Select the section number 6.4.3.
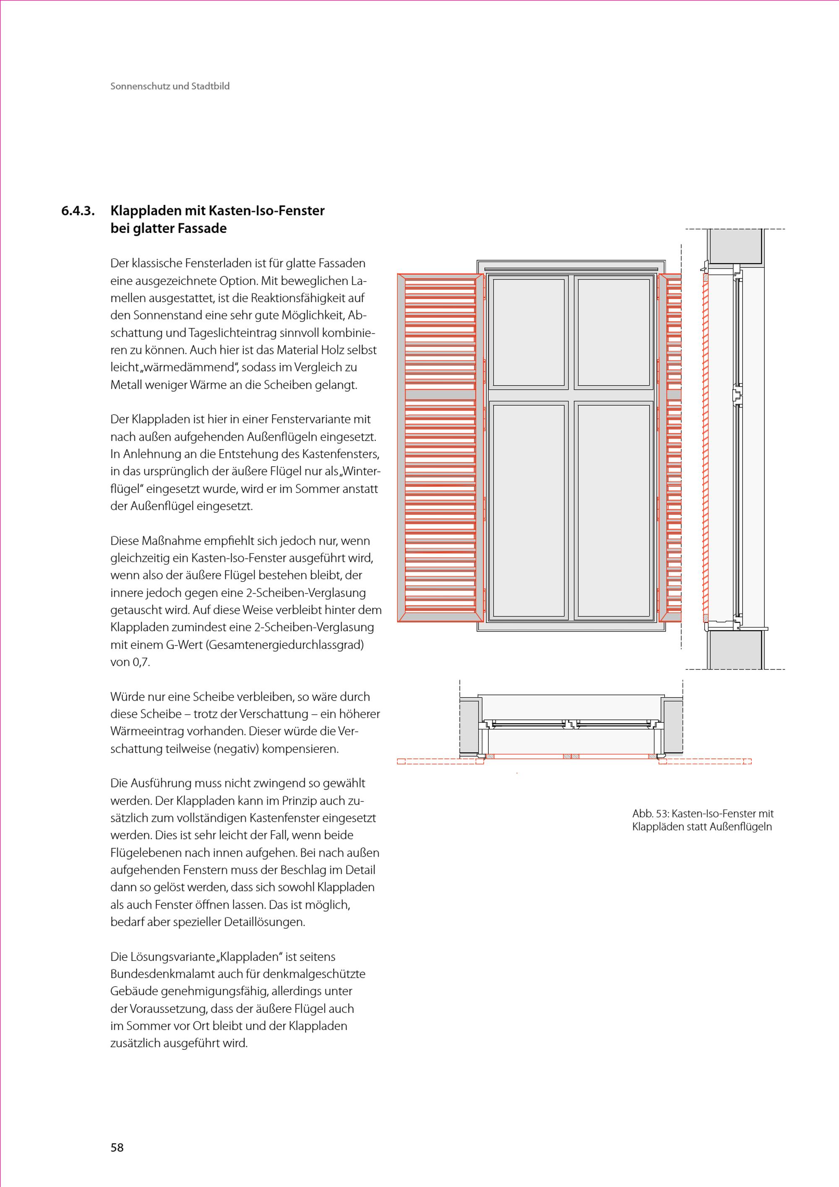(78, 211)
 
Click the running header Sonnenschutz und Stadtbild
(170, 86)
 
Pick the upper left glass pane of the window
(529, 332)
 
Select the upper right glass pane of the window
(613, 332)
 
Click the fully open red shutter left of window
(440, 448)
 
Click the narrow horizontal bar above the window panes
(571, 269)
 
